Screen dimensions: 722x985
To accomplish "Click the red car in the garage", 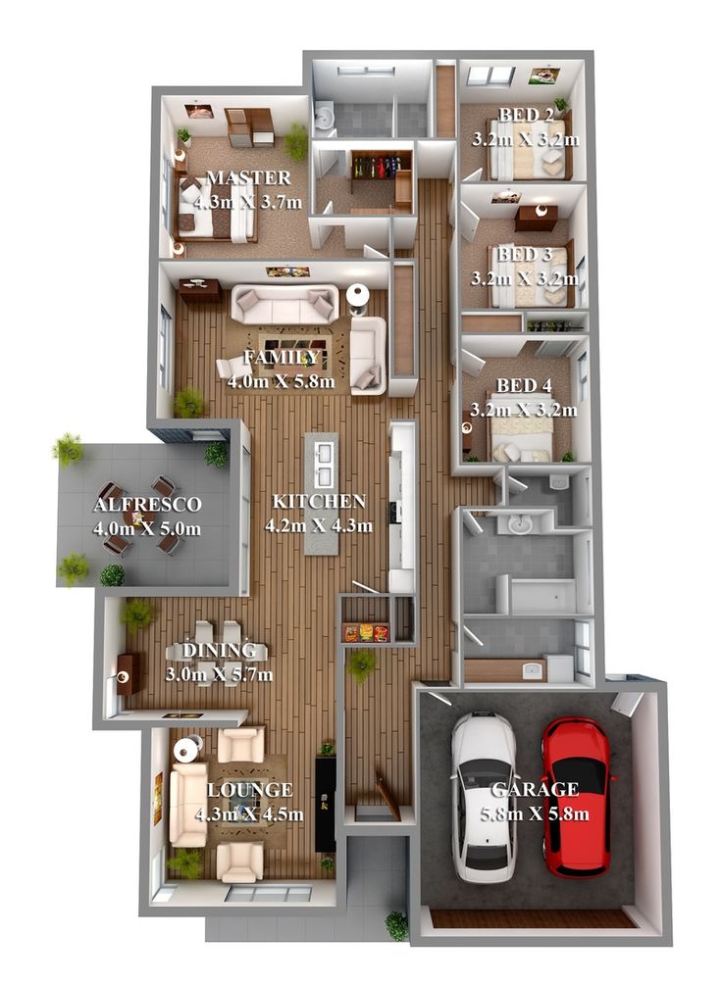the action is click(576, 797).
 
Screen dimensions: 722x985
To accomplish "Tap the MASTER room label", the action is click(248, 177).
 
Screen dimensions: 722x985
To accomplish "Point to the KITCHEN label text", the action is click(319, 501).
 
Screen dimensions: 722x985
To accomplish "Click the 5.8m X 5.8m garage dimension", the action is click(536, 814).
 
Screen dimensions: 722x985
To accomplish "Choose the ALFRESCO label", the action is click(147, 505).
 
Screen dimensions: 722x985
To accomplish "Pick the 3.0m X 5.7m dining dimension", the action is click(220, 674).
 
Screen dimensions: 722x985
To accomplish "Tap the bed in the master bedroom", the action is click(216, 209).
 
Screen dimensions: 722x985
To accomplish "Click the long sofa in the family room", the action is click(284, 304).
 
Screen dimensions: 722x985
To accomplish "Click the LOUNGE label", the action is click(250, 790).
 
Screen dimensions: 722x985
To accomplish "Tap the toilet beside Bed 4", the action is click(558, 481).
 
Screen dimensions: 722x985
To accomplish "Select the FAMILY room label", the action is click(281, 358).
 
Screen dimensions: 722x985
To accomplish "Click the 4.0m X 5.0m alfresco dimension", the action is click(147, 529).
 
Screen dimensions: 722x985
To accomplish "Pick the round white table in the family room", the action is click(358, 294).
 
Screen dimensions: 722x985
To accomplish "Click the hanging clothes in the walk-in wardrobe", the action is click(376, 167).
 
